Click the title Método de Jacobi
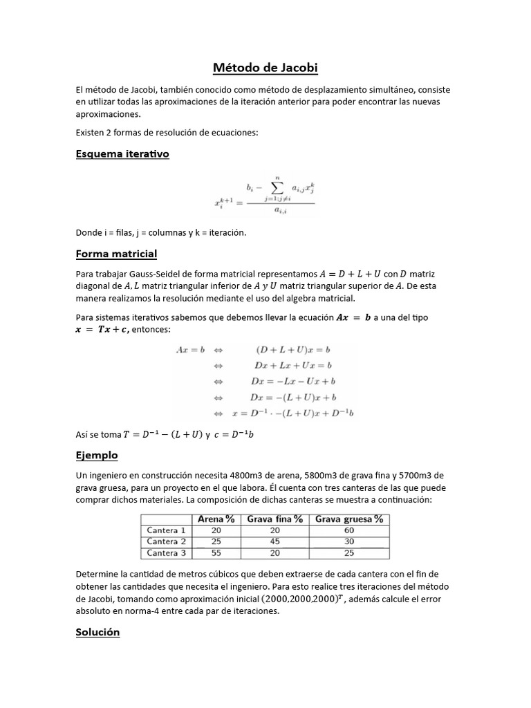[x=265, y=68]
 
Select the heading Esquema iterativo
[x=122, y=154]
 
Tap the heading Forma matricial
[x=116, y=254]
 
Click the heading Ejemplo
[x=97, y=455]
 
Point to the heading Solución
[x=97, y=632]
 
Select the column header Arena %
[x=216, y=519]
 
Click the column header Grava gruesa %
[x=349, y=519]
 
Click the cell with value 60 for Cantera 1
[x=349, y=530]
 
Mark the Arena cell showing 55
[x=216, y=553]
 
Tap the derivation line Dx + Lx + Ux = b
[x=293, y=364]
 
